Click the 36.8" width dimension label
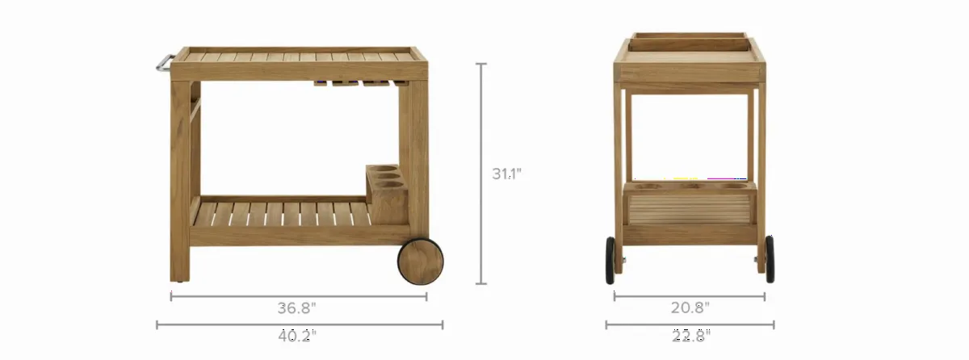[x=296, y=308]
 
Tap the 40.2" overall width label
[x=297, y=336]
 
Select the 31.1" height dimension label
[x=506, y=174]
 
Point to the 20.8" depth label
[x=690, y=308]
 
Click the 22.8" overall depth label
[x=691, y=336]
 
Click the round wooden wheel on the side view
[x=421, y=261]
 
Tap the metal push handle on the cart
[x=164, y=63]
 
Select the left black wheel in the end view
[x=610, y=260]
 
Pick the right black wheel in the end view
[x=770, y=259]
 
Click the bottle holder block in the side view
[x=388, y=194]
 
